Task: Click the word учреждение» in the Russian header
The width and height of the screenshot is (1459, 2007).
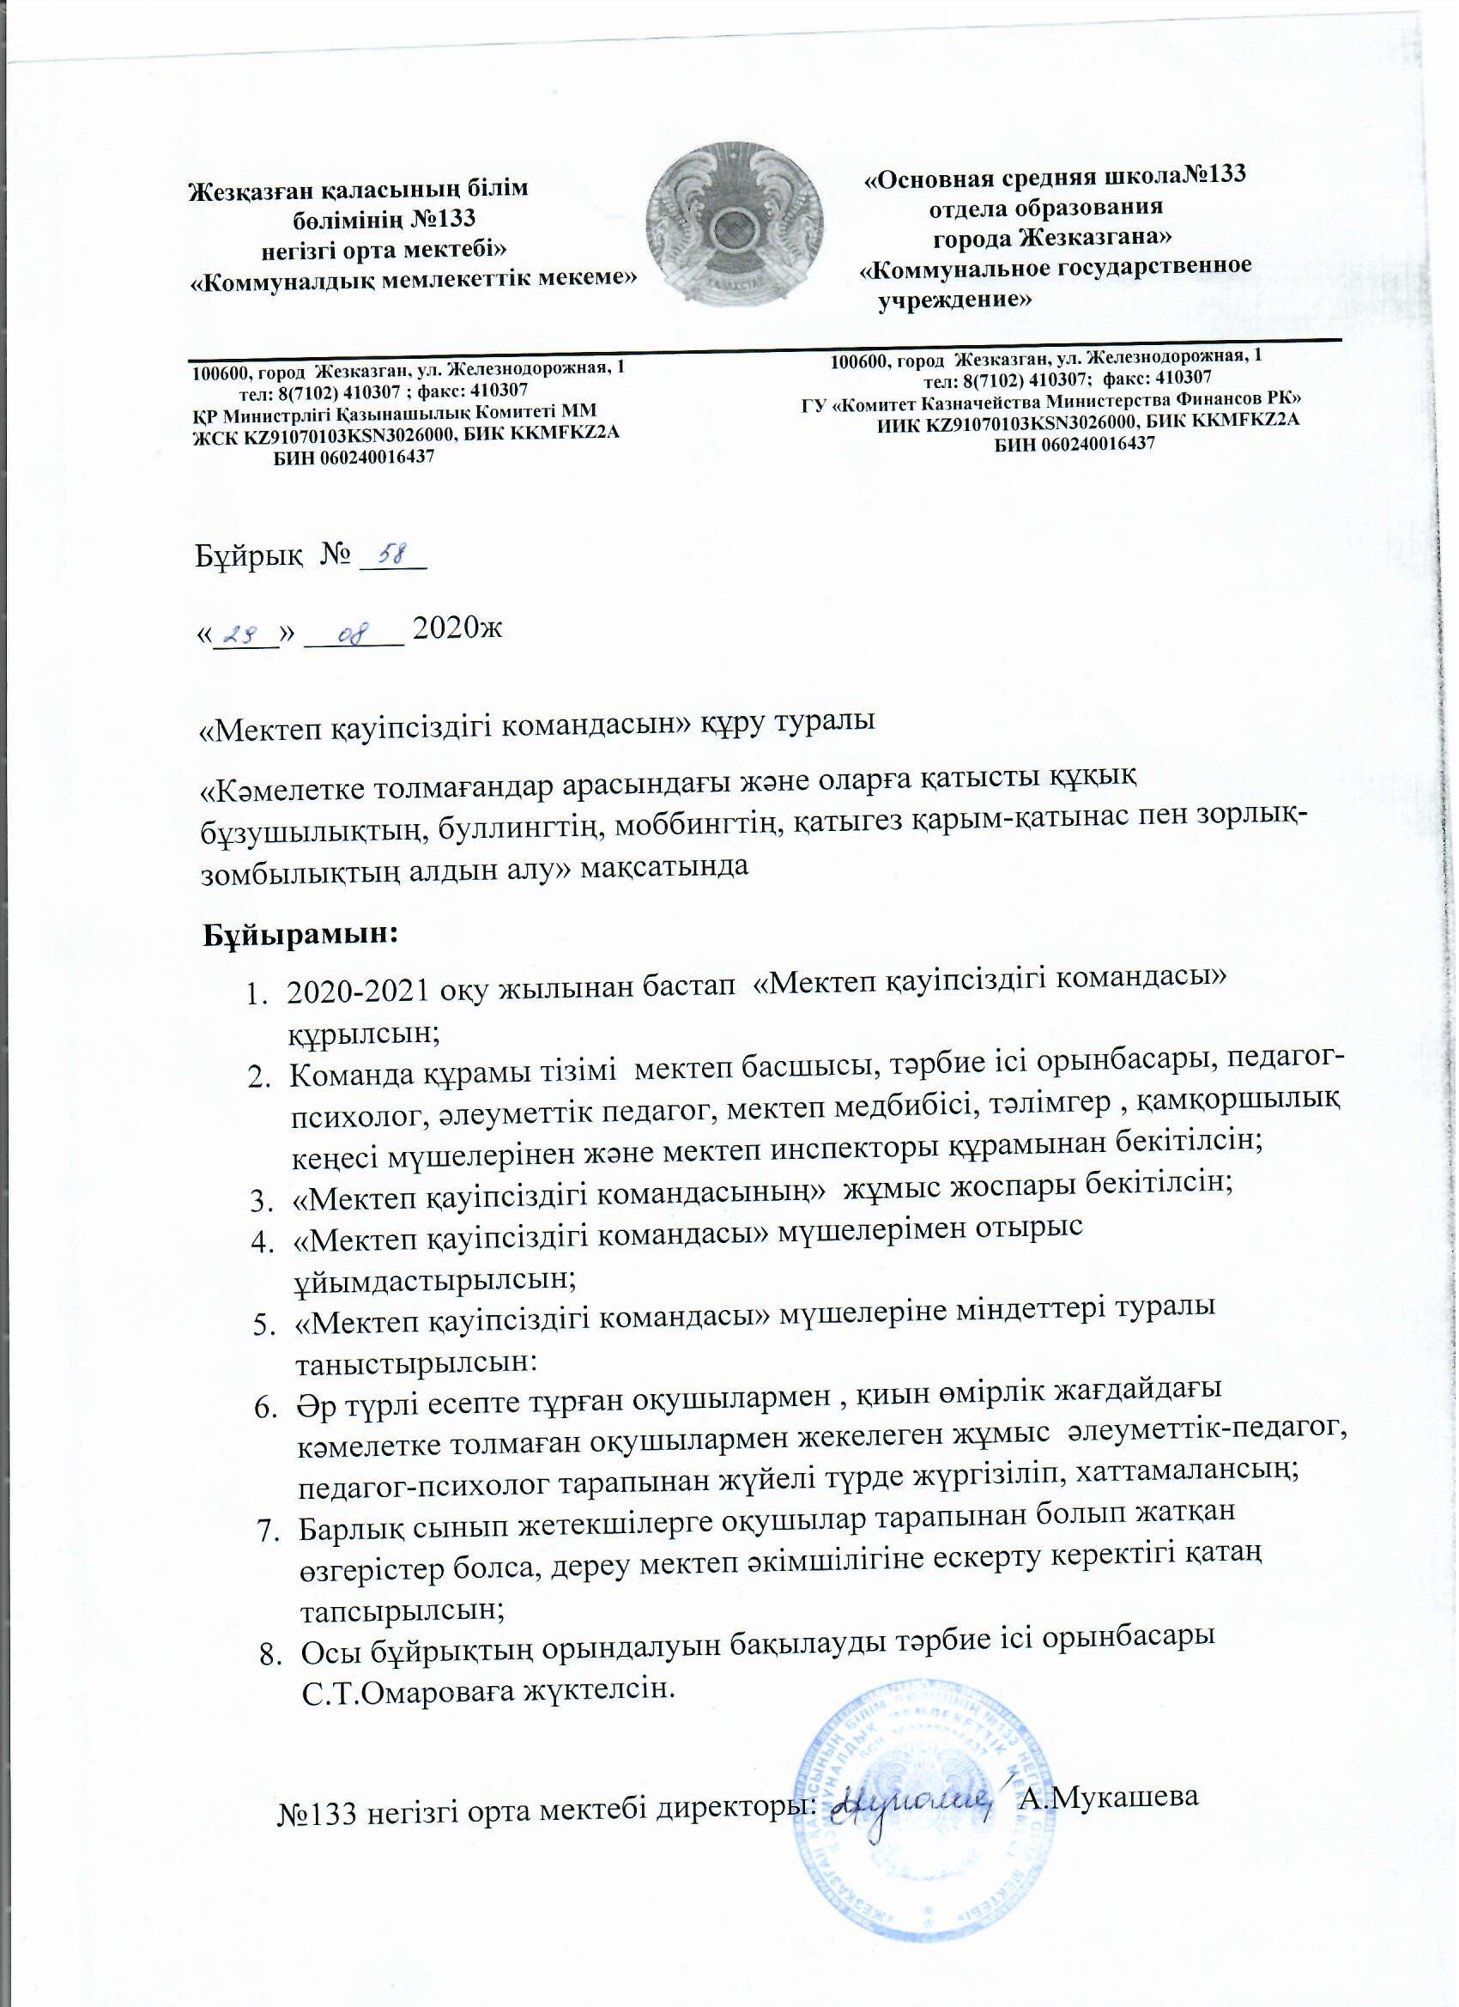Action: click(953, 299)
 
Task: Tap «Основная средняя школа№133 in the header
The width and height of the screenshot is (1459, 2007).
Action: click(1054, 175)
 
